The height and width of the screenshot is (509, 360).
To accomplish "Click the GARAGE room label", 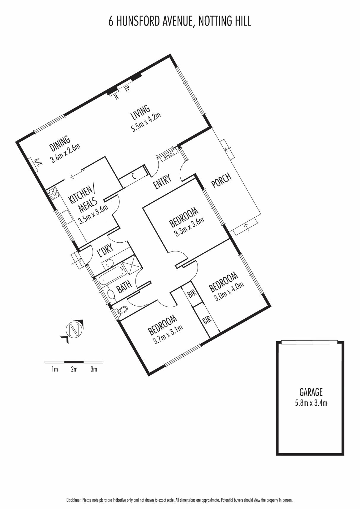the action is point(311,392).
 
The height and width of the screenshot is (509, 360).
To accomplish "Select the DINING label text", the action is point(60,144).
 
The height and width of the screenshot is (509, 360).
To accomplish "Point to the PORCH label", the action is point(222,181).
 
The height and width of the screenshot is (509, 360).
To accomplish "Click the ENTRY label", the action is point(162,182).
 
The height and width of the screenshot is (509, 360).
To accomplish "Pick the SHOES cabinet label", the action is point(169,154).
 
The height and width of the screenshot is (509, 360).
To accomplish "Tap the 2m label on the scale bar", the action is point(74,369).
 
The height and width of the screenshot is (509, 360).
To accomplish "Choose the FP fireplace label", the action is point(127,89).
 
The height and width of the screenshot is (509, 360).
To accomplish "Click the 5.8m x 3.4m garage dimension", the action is point(311,403).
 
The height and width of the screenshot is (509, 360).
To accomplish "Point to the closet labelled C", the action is point(134,177).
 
